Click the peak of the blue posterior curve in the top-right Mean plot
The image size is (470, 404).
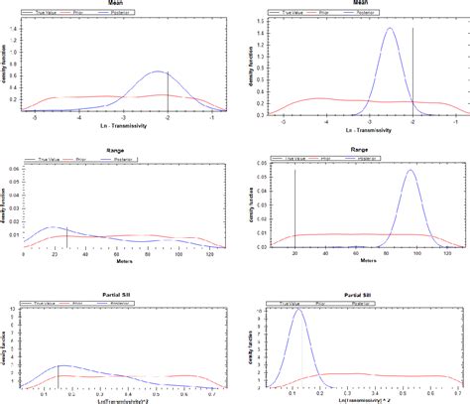(x=390, y=29)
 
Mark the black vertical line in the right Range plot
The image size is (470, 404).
(x=295, y=208)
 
